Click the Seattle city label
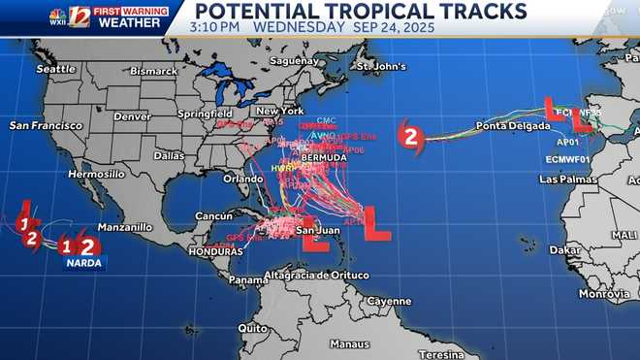coord(55,68)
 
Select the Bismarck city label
coord(155,72)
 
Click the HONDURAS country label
coord(211,251)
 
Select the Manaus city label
coord(349,344)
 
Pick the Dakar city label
coord(565,249)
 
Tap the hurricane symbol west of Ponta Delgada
coord(411,137)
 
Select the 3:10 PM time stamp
coord(218,27)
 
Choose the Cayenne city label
coord(388,301)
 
